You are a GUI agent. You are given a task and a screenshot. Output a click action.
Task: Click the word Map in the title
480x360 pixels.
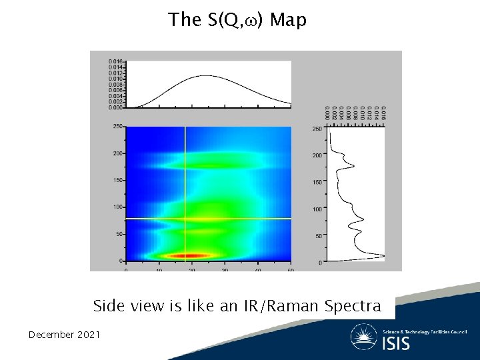point(289,20)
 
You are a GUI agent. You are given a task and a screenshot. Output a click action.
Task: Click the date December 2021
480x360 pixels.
point(64,334)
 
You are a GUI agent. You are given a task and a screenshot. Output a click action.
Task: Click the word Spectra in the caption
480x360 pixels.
point(353,306)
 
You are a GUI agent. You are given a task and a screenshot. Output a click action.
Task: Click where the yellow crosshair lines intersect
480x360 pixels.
point(185,218)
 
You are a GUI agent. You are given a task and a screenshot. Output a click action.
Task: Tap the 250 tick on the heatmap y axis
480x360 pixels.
point(118,126)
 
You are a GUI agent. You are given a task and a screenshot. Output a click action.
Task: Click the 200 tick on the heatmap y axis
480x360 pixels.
point(118,153)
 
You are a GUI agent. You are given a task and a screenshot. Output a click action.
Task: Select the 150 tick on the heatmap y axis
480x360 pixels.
point(118,180)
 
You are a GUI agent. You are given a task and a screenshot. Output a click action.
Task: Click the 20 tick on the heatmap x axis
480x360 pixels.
point(192,269)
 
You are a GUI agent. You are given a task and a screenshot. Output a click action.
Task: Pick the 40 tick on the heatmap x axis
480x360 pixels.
point(257,269)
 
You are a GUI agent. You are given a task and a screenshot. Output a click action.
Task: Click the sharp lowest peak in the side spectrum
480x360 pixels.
point(383,255)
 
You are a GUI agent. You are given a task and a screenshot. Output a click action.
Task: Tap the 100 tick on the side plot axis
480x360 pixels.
point(318,209)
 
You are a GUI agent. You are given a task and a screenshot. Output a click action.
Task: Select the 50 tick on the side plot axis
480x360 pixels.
point(319,236)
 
